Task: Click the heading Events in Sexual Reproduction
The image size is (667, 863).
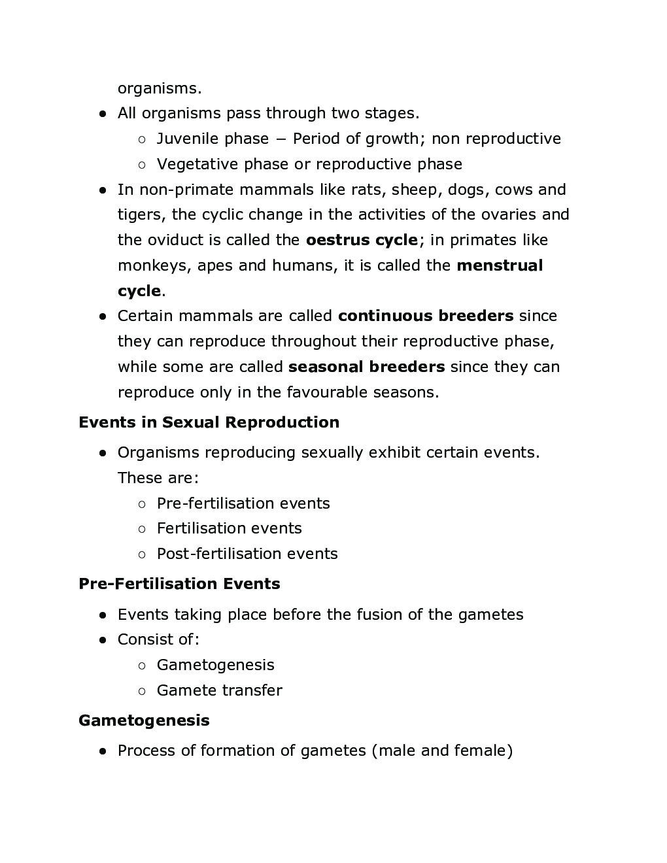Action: (209, 422)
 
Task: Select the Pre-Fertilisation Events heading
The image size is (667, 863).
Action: (179, 584)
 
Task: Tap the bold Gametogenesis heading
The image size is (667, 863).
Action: (144, 720)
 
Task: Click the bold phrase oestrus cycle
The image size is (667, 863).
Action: (362, 240)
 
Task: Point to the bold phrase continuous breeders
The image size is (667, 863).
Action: (426, 316)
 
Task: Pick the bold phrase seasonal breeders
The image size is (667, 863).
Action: (366, 367)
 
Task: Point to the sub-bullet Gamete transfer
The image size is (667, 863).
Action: (219, 690)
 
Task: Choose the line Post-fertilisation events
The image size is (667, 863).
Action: (247, 554)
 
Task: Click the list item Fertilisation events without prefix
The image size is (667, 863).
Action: (229, 528)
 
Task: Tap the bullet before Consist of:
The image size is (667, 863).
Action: (103, 640)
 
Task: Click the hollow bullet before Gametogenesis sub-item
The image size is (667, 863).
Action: (142, 666)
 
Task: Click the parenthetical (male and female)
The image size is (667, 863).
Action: (442, 751)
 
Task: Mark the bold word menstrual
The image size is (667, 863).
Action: (500, 265)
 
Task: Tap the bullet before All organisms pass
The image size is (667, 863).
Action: (103, 114)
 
